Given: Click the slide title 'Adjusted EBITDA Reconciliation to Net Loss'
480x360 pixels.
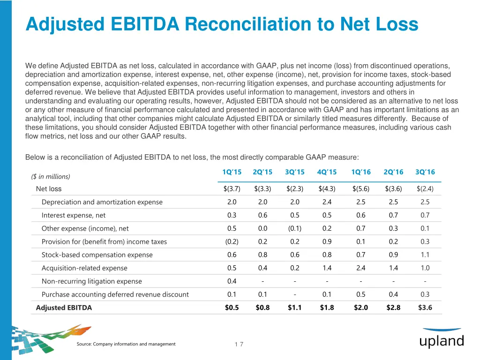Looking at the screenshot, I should pyautogui.click(x=222, y=24).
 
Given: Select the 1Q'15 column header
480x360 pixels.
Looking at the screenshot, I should pyautogui.click(x=232, y=172).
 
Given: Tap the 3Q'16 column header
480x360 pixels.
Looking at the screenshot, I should pyautogui.click(x=425, y=172).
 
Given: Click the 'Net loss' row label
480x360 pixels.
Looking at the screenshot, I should pyautogui.click(x=49, y=189).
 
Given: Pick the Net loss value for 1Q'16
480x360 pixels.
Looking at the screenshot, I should pyautogui.click(x=361, y=189).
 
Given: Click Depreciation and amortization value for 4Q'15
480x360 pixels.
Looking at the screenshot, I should pyautogui.click(x=327, y=202).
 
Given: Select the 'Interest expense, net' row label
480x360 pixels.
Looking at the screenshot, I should pyautogui.click(x=74, y=215).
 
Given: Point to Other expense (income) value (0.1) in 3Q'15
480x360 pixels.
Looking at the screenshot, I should pyautogui.click(x=295, y=228).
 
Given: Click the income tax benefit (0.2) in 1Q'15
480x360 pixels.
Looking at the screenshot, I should pyautogui.click(x=232, y=242).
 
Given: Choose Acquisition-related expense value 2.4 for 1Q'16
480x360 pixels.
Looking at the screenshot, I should pyautogui.click(x=361, y=268).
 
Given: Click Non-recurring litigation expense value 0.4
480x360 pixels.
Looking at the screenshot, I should pyautogui.click(x=232, y=281).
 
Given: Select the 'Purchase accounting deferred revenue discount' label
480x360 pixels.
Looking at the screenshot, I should pyautogui.click(x=115, y=294).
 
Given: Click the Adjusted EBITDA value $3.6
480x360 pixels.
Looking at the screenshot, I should pyautogui.click(x=425, y=307).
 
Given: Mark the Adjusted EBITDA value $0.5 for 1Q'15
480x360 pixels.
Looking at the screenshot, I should pyautogui.click(x=232, y=307).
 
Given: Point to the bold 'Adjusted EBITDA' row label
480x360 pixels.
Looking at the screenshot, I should pyautogui.click(x=64, y=307).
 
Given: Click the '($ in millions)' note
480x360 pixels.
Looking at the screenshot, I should pyautogui.click(x=51, y=176).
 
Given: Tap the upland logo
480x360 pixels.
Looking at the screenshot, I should pyautogui.click(x=441, y=339).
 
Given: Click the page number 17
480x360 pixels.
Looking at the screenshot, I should pyautogui.click(x=239, y=345).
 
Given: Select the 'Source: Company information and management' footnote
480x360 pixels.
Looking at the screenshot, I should pyautogui.click(x=126, y=344).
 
